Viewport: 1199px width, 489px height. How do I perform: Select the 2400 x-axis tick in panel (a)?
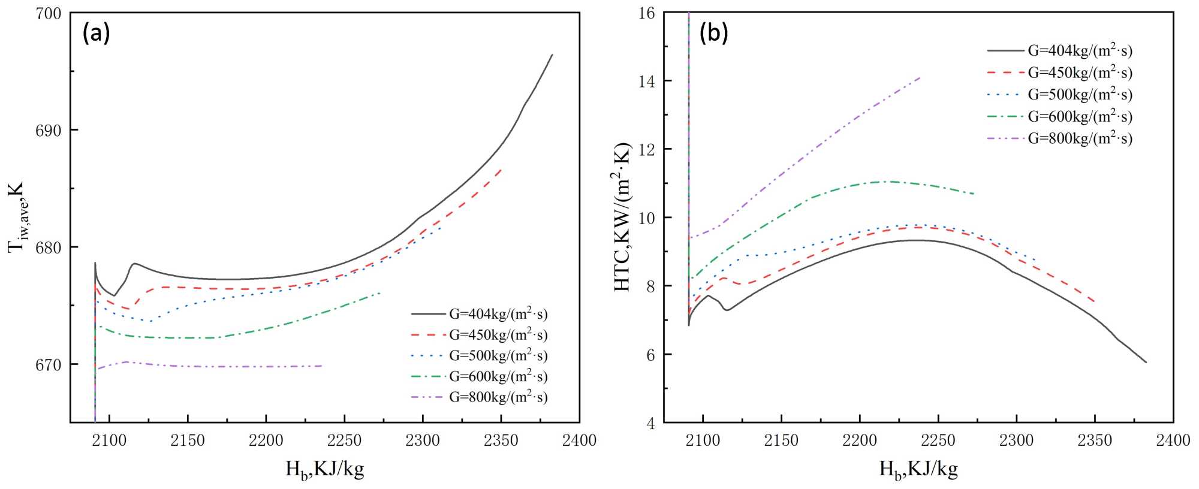pos(579,440)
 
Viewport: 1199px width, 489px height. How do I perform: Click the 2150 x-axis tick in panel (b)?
pos(781,440)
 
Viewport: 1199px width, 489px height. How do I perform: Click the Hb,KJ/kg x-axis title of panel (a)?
pos(325,469)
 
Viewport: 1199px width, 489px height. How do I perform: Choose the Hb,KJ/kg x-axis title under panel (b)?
pos(918,469)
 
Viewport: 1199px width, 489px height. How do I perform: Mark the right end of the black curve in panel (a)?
pos(552,55)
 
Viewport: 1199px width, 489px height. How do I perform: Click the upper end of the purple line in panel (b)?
pos(920,77)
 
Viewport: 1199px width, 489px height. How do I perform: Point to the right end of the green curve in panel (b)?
pos(974,194)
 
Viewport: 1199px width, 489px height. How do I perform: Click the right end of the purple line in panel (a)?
pos(323,366)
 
